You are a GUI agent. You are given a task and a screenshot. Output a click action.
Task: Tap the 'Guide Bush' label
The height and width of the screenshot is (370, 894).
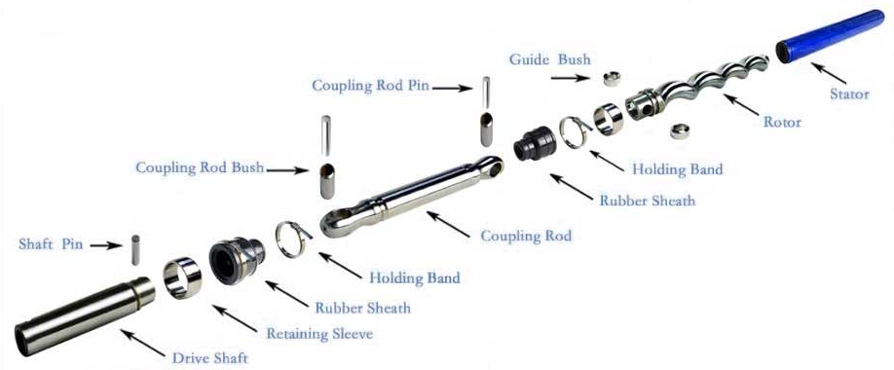click(x=549, y=59)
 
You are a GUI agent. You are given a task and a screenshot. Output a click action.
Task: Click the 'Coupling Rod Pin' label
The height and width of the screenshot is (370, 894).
click(x=370, y=86)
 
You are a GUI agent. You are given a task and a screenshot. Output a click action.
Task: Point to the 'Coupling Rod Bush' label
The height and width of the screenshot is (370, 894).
click(x=200, y=167)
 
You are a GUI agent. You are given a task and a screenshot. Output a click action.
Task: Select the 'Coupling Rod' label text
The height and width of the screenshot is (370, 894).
click(x=527, y=236)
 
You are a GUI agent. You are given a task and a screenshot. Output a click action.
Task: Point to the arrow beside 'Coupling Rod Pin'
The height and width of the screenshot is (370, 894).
click(x=453, y=87)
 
